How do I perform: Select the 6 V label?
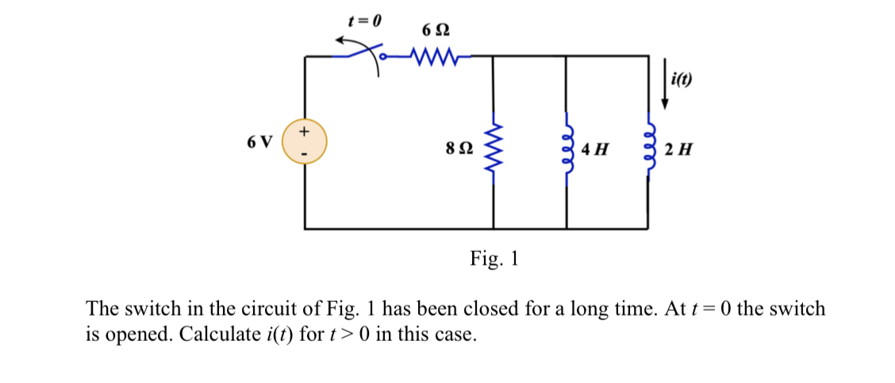tap(259, 142)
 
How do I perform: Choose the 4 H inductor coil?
tap(567, 149)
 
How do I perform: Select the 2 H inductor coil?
tap(649, 149)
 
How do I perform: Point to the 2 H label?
tap(678, 149)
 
